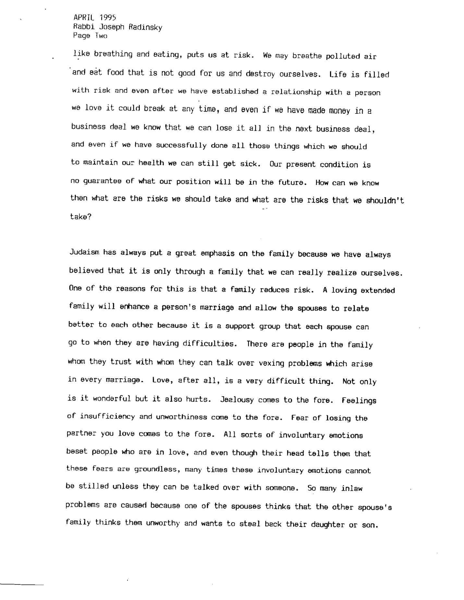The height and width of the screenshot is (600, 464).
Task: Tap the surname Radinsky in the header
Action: point(145,27)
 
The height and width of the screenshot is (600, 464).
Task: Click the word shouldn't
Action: point(385,201)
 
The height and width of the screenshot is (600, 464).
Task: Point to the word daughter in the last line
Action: point(327,524)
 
